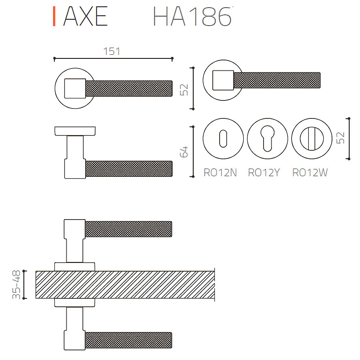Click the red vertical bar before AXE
(x=54, y=16)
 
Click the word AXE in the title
(x=86, y=16)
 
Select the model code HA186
(x=192, y=16)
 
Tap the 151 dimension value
(x=112, y=52)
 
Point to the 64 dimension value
(x=184, y=152)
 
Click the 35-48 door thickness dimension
(x=16, y=285)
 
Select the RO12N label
(x=220, y=173)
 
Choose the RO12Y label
(x=264, y=173)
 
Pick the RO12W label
(x=310, y=173)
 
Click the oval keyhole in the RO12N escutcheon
(x=223, y=139)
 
